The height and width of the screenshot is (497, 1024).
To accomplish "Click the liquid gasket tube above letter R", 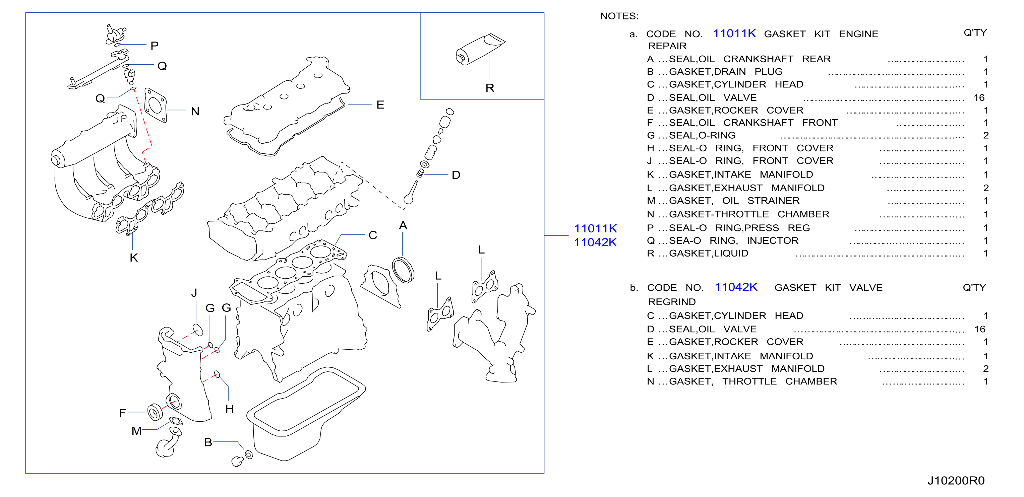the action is tap(480, 49).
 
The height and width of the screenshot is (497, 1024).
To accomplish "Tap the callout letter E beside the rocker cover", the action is tap(380, 105).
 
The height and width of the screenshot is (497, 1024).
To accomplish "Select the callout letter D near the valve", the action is tap(456, 175).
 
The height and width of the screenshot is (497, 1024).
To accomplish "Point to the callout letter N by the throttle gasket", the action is tap(195, 111).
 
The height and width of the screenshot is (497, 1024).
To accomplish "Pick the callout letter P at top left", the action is tap(155, 46).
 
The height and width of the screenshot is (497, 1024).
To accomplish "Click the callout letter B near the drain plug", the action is tap(208, 442).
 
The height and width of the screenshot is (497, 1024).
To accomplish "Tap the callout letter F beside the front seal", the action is tap(122, 413).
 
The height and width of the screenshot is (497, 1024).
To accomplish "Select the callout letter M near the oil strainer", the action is tap(137, 431).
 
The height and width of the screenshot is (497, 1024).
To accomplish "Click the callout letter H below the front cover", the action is tap(229, 409).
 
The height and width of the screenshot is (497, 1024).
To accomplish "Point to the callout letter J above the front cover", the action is tap(194, 293).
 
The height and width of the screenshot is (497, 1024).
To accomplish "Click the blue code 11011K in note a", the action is tap(734, 33).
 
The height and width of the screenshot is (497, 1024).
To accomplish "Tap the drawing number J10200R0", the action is tap(956, 481).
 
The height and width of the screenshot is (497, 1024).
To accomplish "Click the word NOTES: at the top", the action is tap(619, 16).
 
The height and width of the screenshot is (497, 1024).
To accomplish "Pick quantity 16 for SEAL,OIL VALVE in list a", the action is tap(979, 98).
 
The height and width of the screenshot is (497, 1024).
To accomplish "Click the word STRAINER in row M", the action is tap(773, 201).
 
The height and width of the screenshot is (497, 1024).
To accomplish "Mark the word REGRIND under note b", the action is tap(672, 302).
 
